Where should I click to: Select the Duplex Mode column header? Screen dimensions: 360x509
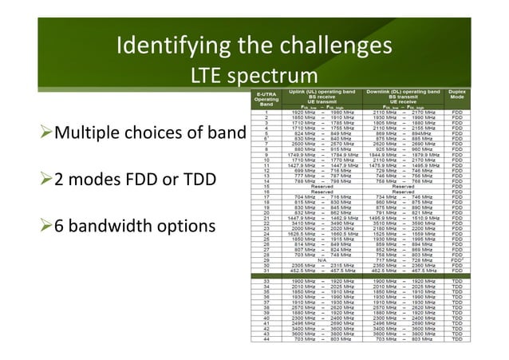click(482, 97)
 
